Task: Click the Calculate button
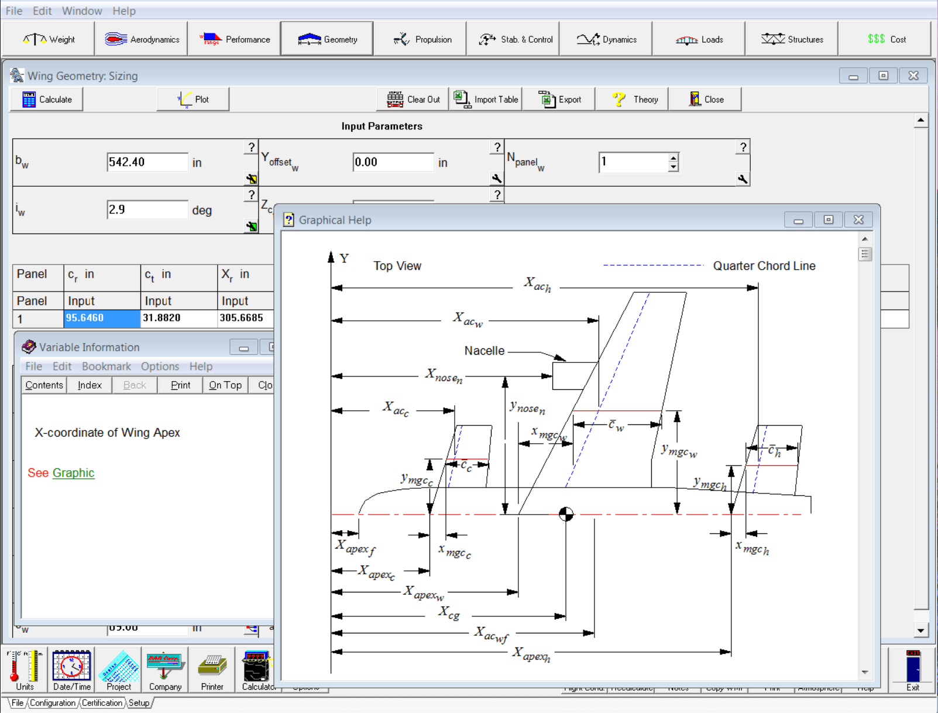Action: (47, 100)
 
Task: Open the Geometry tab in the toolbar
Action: (327, 39)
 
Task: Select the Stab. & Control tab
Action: (515, 39)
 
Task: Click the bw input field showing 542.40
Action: (147, 162)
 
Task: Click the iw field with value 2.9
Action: (147, 210)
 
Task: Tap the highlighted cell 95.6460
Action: (102, 318)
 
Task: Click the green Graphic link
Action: (73, 473)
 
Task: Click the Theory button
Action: (635, 100)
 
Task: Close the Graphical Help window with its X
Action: (858, 220)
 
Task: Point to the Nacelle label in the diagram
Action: (484, 351)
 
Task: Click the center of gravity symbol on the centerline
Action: (566, 514)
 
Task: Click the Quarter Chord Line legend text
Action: (764, 266)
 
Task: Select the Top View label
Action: (397, 266)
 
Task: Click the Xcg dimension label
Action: (449, 613)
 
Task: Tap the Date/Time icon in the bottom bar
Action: (71, 670)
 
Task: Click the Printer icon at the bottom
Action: (212, 670)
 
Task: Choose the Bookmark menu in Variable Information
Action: (106, 366)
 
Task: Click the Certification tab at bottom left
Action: (102, 703)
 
